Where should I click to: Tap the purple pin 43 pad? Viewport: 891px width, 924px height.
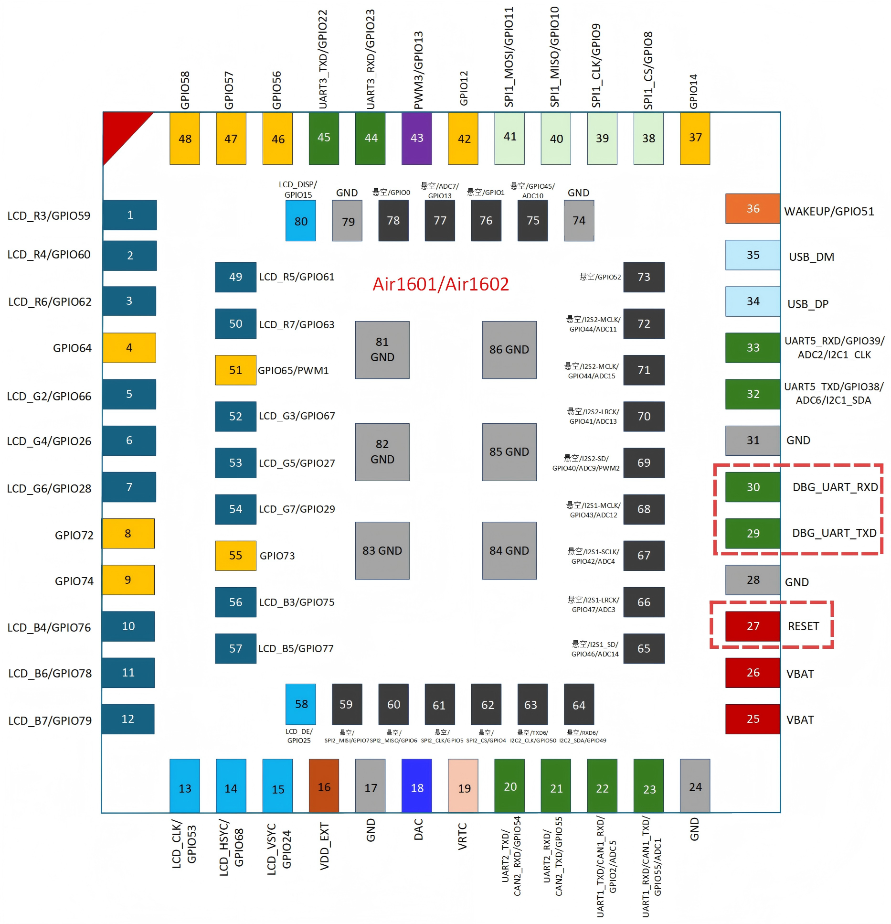[416, 139]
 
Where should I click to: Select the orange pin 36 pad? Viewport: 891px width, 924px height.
[753, 208]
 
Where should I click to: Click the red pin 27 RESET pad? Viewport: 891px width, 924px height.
[753, 626]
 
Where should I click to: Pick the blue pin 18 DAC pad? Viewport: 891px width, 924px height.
[416, 785]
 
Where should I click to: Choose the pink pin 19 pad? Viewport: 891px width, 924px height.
[463, 785]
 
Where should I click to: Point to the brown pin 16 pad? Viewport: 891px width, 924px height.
[324, 785]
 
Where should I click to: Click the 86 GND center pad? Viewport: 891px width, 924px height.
[509, 350]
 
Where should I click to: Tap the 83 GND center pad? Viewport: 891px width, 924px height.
[382, 550]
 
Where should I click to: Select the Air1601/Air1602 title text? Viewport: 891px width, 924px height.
[441, 284]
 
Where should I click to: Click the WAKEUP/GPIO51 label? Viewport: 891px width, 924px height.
[829, 211]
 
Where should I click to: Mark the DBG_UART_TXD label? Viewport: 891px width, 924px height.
[834, 533]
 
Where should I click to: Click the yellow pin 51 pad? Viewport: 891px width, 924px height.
[235, 370]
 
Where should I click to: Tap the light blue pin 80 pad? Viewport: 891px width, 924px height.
[300, 221]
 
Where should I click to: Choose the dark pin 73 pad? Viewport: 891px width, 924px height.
[644, 277]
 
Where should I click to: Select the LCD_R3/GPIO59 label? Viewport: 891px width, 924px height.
[49, 216]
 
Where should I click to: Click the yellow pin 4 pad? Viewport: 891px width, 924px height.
[129, 348]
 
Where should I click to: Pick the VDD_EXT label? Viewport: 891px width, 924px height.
[324, 846]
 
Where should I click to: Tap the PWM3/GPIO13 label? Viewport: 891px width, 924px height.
[418, 70]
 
